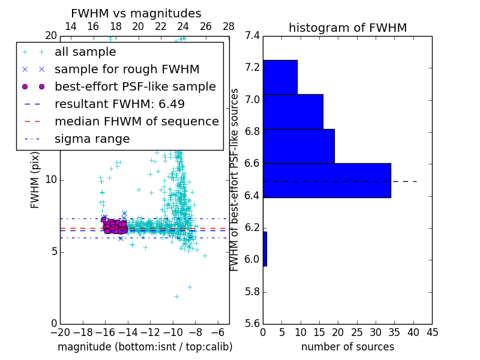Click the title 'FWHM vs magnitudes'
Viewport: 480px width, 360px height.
(x=136, y=14)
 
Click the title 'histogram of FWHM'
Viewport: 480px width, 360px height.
(x=347, y=28)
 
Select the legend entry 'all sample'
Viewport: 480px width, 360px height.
(x=85, y=52)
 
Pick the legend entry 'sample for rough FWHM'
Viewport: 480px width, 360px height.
(x=127, y=69)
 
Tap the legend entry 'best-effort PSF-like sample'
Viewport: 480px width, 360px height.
(x=135, y=86)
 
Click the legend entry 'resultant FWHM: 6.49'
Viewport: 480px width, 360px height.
(x=119, y=104)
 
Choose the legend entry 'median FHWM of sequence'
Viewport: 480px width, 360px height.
(x=136, y=121)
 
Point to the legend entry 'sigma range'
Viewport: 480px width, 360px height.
(x=92, y=139)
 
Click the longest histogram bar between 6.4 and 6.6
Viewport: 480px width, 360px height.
(x=326, y=180)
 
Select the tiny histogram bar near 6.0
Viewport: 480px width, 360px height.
(x=265, y=249)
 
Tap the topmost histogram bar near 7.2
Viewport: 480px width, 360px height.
(x=280, y=77)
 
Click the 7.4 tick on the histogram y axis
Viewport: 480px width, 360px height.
(x=252, y=36)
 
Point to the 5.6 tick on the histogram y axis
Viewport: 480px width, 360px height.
(x=252, y=324)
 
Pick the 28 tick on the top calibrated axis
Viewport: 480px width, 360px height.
(x=229, y=26)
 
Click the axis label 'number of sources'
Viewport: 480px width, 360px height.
(x=347, y=347)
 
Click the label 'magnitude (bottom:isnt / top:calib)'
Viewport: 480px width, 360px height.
(x=145, y=347)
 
